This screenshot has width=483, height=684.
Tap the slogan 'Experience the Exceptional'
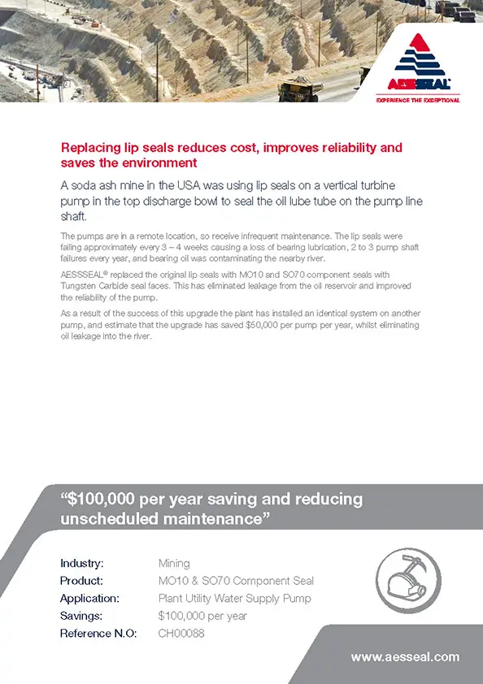coord(418,100)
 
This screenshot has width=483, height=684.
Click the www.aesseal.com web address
coord(405,656)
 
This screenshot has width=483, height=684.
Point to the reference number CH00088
coord(181,633)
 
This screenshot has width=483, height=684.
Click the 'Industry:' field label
coord(81,563)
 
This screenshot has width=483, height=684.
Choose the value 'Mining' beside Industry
coord(174,563)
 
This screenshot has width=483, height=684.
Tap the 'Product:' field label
coord(81,581)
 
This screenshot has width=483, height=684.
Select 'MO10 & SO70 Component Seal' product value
coord(236,581)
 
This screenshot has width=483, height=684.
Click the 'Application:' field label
coord(89,599)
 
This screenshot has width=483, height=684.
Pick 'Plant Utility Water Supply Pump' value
coord(234,599)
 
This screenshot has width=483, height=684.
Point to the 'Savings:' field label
coord(80,616)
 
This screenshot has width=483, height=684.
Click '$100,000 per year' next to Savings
coord(202,616)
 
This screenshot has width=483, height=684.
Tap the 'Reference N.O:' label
coord(98,633)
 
